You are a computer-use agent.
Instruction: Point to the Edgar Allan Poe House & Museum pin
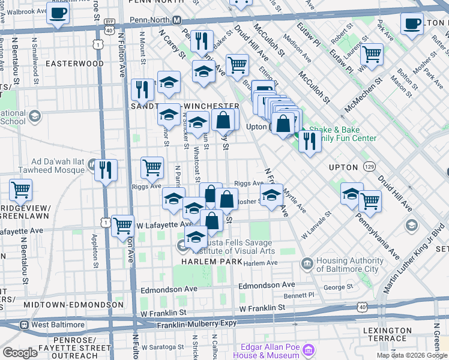309,350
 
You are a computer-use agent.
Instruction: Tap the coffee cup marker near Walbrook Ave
58,13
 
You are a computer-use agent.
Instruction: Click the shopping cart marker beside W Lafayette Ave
122,226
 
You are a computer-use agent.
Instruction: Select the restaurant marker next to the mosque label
106,170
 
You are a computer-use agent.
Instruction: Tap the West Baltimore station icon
25,325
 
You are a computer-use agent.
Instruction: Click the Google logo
20,352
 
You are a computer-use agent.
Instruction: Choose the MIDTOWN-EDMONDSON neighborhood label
64,305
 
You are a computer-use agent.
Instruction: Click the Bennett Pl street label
299,295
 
